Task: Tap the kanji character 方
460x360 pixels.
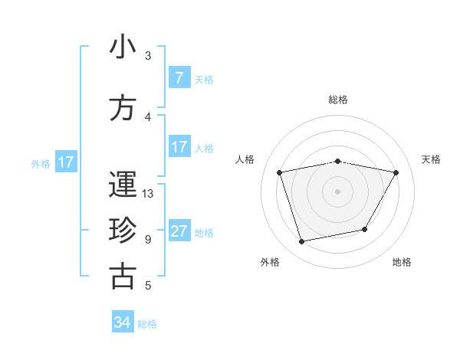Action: point(123,109)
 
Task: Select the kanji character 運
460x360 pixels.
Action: point(123,185)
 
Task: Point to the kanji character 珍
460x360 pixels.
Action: point(123,231)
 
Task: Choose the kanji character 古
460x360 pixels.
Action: point(123,277)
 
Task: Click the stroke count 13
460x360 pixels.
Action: point(149,194)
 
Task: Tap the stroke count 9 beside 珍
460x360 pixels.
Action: point(148,240)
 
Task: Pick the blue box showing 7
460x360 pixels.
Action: point(179,78)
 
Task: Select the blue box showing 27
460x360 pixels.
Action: point(179,232)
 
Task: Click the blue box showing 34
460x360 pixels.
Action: point(123,322)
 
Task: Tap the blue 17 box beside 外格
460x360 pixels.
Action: point(65,162)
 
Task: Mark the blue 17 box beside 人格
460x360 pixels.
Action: point(179,147)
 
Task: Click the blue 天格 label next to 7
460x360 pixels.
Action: point(204,79)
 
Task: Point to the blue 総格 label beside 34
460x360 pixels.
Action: point(148,324)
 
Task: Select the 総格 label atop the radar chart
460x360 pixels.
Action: point(338,100)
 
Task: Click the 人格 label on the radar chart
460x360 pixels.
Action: point(245,159)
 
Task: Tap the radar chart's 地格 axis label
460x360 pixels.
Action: point(402,262)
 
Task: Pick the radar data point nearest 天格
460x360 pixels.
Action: point(396,172)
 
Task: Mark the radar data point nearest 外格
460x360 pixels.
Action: point(302,241)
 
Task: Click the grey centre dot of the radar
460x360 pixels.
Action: point(338,191)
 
